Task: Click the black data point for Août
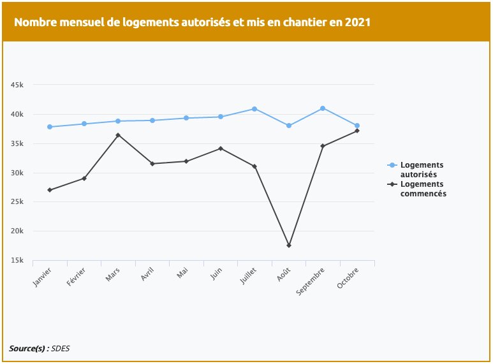[x=289, y=245]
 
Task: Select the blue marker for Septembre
[x=323, y=108]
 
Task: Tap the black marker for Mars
[x=118, y=135]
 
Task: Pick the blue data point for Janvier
[x=50, y=127]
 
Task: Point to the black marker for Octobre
[x=357, y=131]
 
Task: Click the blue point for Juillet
[x=254, y=109]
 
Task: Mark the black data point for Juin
[x=221, y=149]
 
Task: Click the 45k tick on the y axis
[x=17, y=85]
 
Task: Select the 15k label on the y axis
[x=17, y=260]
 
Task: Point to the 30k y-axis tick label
[x=17, y=173]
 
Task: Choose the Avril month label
[x=147, y=276]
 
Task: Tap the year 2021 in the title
[x=357, y=22]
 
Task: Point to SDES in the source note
[x=61, y=348]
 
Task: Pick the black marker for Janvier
[x=50, y=190]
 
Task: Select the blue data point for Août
[x=289, y=126]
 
